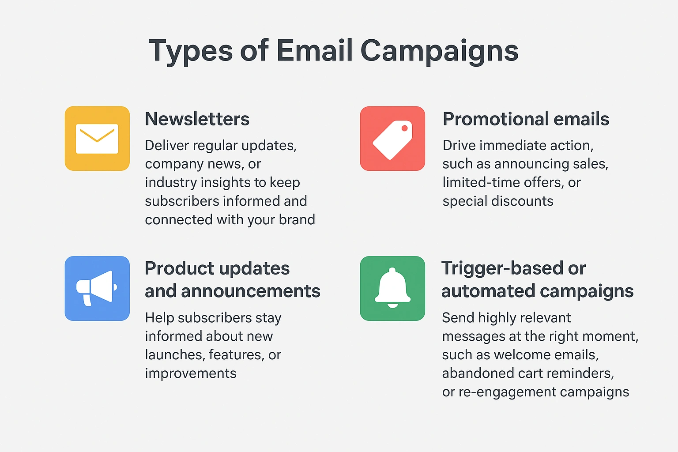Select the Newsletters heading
coord(197,119)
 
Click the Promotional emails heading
coord(526,119)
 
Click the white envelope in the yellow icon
coord(97,139)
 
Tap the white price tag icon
coord(392,140)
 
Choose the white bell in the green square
coord(392,288)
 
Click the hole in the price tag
coord(404,128)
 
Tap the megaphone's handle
coord(87,300)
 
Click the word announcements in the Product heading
coord(251,291)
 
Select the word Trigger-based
coord(514,268)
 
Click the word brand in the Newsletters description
coord(297,219)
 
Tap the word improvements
coord(191,373)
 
